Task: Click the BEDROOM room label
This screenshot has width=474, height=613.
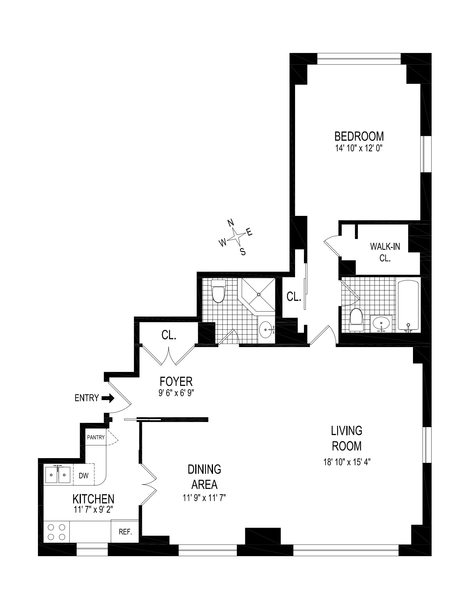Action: point(359,136)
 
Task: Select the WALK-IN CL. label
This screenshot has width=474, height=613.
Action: point(385,252)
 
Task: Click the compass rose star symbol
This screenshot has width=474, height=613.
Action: point(236,236)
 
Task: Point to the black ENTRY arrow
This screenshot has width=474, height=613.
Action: point(108,398)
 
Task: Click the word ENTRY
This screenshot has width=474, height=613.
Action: point(87,398)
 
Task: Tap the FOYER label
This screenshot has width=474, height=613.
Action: point(176,381)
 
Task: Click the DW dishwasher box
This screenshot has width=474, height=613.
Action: point(84,476)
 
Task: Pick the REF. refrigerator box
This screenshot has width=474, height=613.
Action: point(125,532)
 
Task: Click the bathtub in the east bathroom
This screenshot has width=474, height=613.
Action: point(408,305)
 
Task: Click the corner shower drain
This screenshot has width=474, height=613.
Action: point(259,294)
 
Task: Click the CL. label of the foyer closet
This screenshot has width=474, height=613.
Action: point(169,335)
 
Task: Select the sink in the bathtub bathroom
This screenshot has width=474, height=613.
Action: point(381,323)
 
